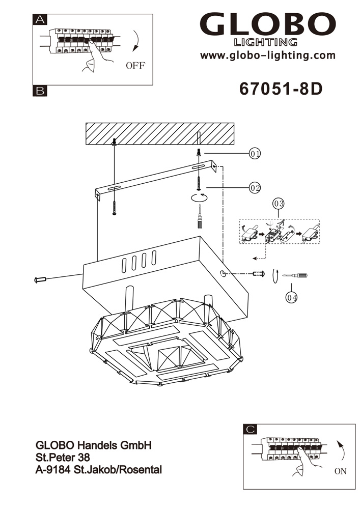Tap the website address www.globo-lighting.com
(x=268, y=55)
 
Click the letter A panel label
(x=39, y=20)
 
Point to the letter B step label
(x=39, y=91)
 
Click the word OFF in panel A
(x=135, y=65)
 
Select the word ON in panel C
(x=340, y=471)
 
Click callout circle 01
(x=255, y=153)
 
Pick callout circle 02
(x=255, y=188)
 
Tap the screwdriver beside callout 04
(x=295, y=275)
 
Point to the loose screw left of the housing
(x=40, y=279)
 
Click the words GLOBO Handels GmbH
(x=94, y=445)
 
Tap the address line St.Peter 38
(x=63, y=457)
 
